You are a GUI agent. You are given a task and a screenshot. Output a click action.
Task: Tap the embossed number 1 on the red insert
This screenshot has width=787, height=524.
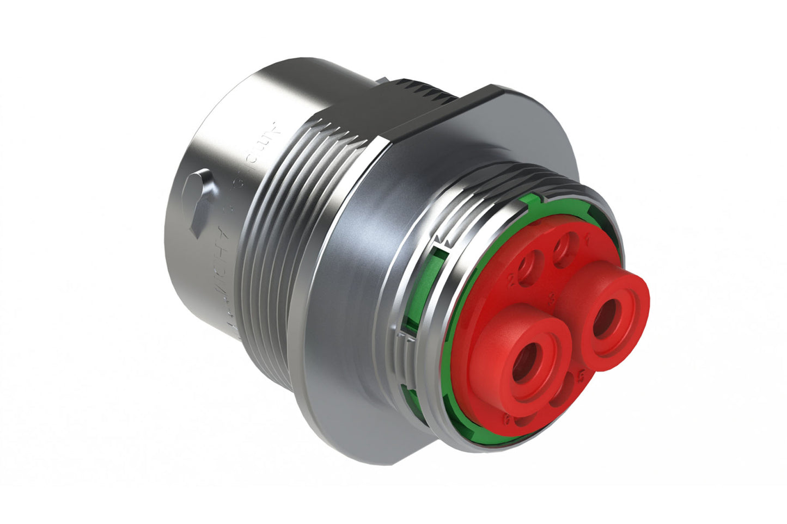[x=587, y=238]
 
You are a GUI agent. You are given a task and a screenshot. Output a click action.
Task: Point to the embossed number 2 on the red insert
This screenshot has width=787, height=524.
[x=511, y=280]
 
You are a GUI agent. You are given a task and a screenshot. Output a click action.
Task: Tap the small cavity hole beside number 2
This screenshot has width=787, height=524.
[x=529, y=267]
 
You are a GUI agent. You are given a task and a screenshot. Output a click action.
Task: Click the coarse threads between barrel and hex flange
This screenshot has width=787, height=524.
[x=289, y=218]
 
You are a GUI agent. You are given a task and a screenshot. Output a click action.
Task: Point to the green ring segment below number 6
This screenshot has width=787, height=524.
[x=490, y=435]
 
